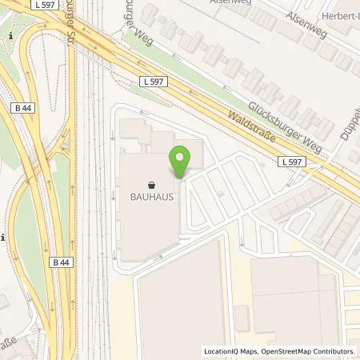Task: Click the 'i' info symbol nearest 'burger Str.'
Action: (x=10, y=37)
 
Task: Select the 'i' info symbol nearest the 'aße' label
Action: (x=4, y=238)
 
